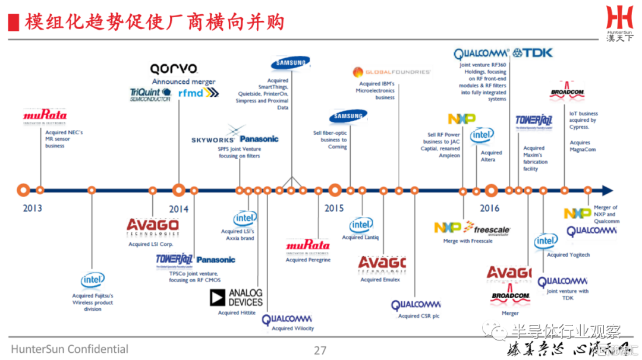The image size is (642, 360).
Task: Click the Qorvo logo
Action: coord(174,69)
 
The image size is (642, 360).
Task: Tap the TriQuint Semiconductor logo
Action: coord(150,94)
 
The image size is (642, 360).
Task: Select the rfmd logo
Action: coord(199,93)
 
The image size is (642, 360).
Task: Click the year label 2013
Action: coord(33,209)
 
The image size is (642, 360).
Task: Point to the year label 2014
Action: coord(178,209)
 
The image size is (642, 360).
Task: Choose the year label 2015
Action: coord(334,209)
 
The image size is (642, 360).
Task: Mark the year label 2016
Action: coord(490,209)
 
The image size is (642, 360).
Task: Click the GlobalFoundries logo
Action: coord(391,72)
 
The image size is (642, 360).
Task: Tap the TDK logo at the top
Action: coord(533,53)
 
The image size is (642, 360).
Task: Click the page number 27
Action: coord(320,350)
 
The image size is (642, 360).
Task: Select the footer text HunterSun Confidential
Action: coord(70,349)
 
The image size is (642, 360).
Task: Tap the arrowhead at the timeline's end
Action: coord(606,190)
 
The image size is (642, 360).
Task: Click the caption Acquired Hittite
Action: coord(237,313)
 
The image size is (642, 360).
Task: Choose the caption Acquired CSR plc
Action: coord(418,317)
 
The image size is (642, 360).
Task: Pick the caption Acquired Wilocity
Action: coord(292,329)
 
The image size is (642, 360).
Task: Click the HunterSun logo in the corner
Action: coord(620,23)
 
